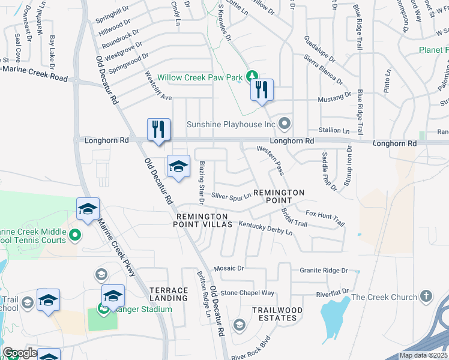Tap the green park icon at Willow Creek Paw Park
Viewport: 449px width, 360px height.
tap(253, 76)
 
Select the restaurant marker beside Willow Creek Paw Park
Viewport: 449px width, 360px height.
tap(262, 91)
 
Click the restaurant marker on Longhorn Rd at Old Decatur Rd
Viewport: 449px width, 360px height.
tap(159, 130)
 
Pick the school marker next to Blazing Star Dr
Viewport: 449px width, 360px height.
tap(178, 167)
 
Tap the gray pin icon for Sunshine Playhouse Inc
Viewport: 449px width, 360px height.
tap(285, 124)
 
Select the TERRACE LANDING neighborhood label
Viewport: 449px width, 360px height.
tap(169, 294)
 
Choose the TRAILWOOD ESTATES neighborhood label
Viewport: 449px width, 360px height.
tap(277, 314)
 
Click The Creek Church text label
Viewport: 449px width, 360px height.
tap(384, 297)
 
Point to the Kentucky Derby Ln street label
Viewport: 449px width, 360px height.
tap(265, 227)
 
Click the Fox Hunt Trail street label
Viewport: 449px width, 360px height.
tap(325, 217)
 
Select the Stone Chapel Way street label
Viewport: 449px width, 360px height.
tap(247, 293)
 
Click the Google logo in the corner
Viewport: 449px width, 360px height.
tap(20, 353)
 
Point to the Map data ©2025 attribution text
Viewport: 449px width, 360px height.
tap(423, 355)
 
